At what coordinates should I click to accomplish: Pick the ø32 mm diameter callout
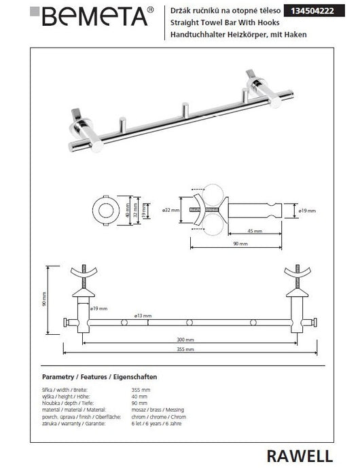tap(171, 211)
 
